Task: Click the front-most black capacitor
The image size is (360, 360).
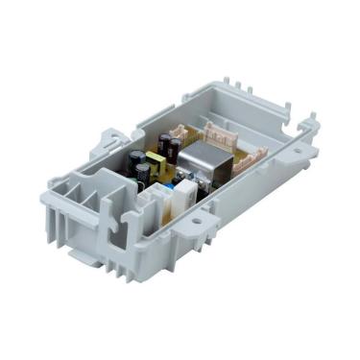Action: coord(142,174)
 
